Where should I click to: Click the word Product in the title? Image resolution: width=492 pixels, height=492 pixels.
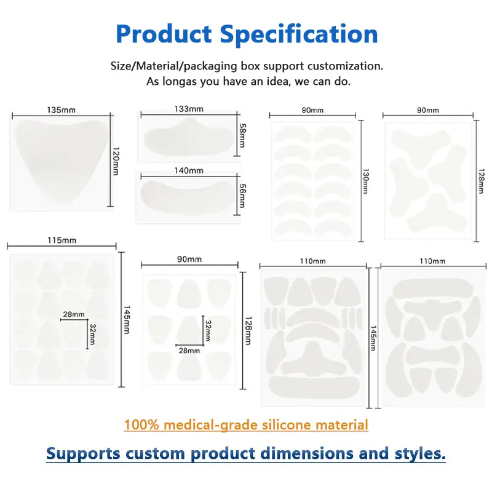pyautogui.click(x=164, y=34)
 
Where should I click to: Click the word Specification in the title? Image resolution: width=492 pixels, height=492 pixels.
pyautogui.click(x=299, y=34)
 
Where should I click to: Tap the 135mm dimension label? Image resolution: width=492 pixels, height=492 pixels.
pyautogui.click(x=61, y=110)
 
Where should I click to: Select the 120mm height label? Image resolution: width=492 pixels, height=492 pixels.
pyautogui.click(x=116, y=161)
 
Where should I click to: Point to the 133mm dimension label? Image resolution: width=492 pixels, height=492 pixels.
pyautogui.click(x=189, y=109)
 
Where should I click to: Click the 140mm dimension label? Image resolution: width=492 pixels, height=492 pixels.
pyautogui.click(x=189, y=170)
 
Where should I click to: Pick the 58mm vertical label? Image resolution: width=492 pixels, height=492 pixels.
pyautogui.click(x=242, y=135)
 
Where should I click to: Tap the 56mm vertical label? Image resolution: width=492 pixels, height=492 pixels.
pyautogui.click(x=242, y=196)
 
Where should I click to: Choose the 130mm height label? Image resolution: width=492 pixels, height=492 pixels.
pyautogui.click(x=365, y=181)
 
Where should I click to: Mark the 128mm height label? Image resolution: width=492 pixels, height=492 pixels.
pyautogui.click(x=481, y=181)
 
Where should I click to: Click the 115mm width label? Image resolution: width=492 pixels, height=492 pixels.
pyautogui.click(x=62, y=240)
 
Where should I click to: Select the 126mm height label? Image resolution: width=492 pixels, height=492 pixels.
pyautogui.click(x=248, y=331)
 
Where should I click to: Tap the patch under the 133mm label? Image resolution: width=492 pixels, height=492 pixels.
pyautogui.click(x=189, y=137)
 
